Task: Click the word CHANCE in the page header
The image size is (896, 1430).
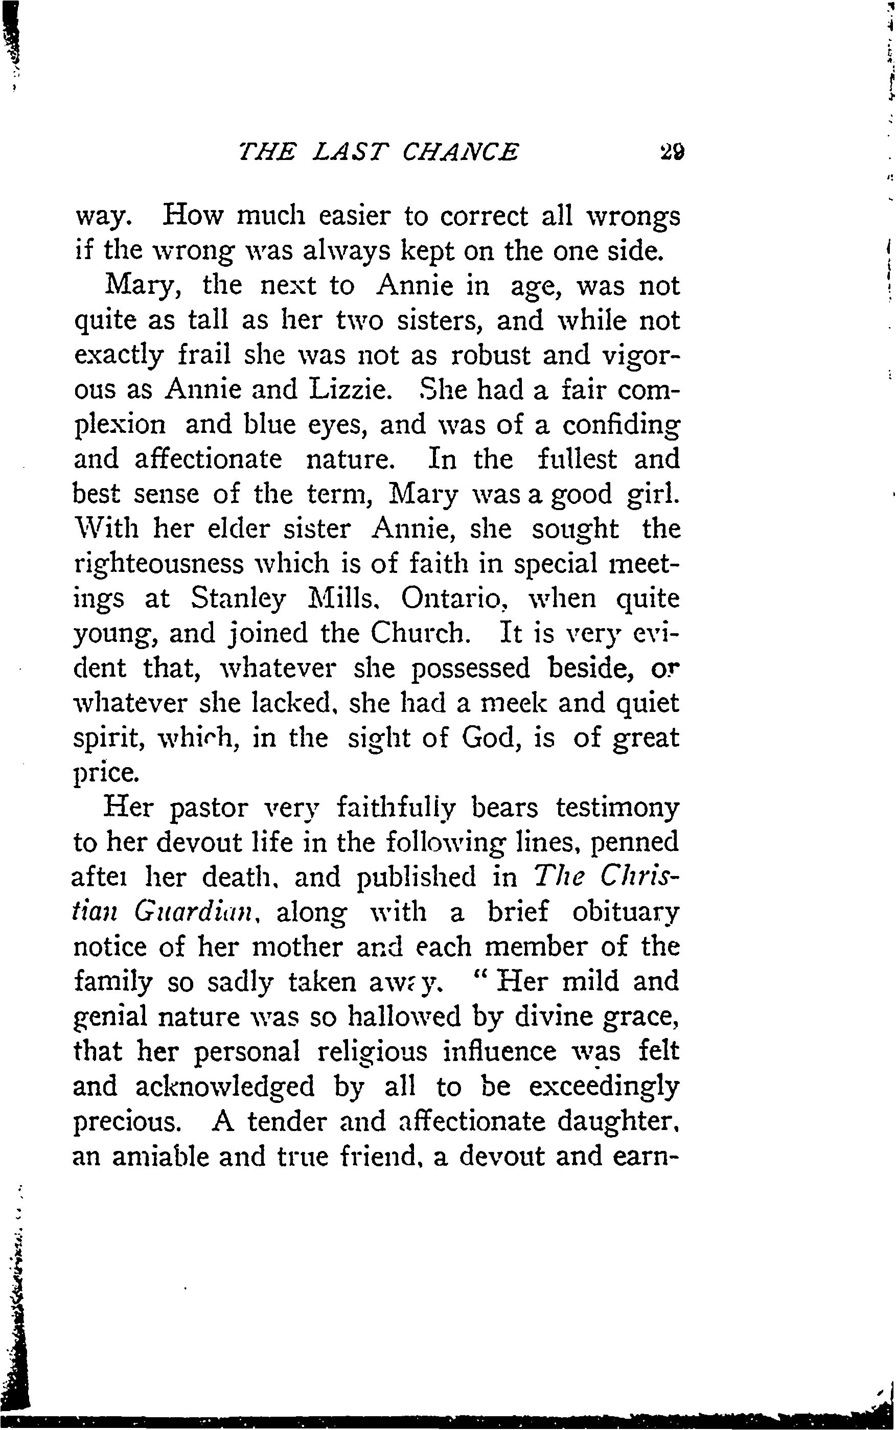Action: [460, 152]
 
